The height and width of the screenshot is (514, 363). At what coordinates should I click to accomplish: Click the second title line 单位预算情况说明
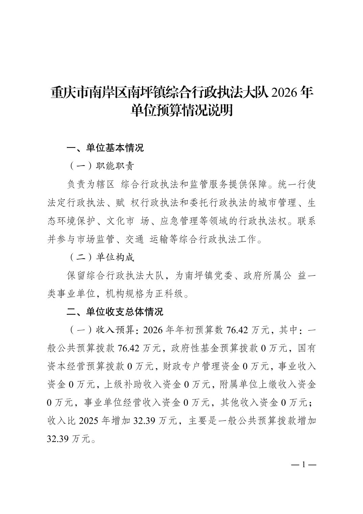click(181, 111)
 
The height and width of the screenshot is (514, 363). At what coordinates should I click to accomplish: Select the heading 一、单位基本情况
click(105, 148)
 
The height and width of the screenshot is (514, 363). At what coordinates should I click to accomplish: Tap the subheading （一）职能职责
click(101, 166)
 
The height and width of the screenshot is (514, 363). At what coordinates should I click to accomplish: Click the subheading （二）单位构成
click(101, 257)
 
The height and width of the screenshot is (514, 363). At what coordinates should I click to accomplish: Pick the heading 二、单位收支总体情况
click(115, 312)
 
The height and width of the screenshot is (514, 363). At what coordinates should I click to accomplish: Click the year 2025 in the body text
click(89, 421)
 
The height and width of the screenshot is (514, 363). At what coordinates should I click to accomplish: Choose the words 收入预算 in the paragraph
click(115, 330)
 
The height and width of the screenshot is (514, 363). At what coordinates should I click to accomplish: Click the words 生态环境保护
click(73, 221)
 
